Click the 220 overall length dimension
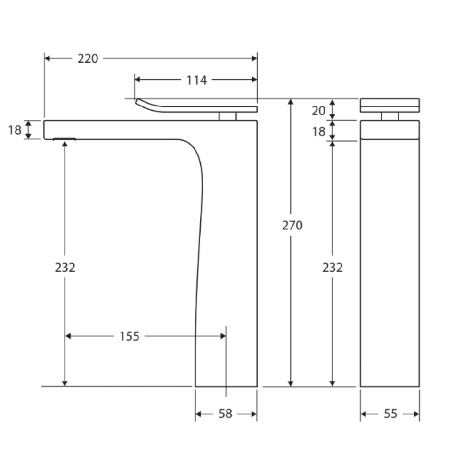[88, 59]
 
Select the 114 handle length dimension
[196, 81]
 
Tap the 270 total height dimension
[292, 226]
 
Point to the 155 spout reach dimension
[129, 336]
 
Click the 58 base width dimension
[226, 414]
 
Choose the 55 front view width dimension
[390, 414]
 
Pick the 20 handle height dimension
[319, 111]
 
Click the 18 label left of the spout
[15, 130]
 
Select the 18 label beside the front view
[319, 131]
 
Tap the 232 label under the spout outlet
[65, 268]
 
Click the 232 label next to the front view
[333, 268]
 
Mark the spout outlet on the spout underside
[65, 138]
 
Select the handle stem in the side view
[227, 116]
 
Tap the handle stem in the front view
[390, 116]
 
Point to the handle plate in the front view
[390, 105]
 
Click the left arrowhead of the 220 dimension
[48, 58]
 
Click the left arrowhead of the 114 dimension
[138, 80]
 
